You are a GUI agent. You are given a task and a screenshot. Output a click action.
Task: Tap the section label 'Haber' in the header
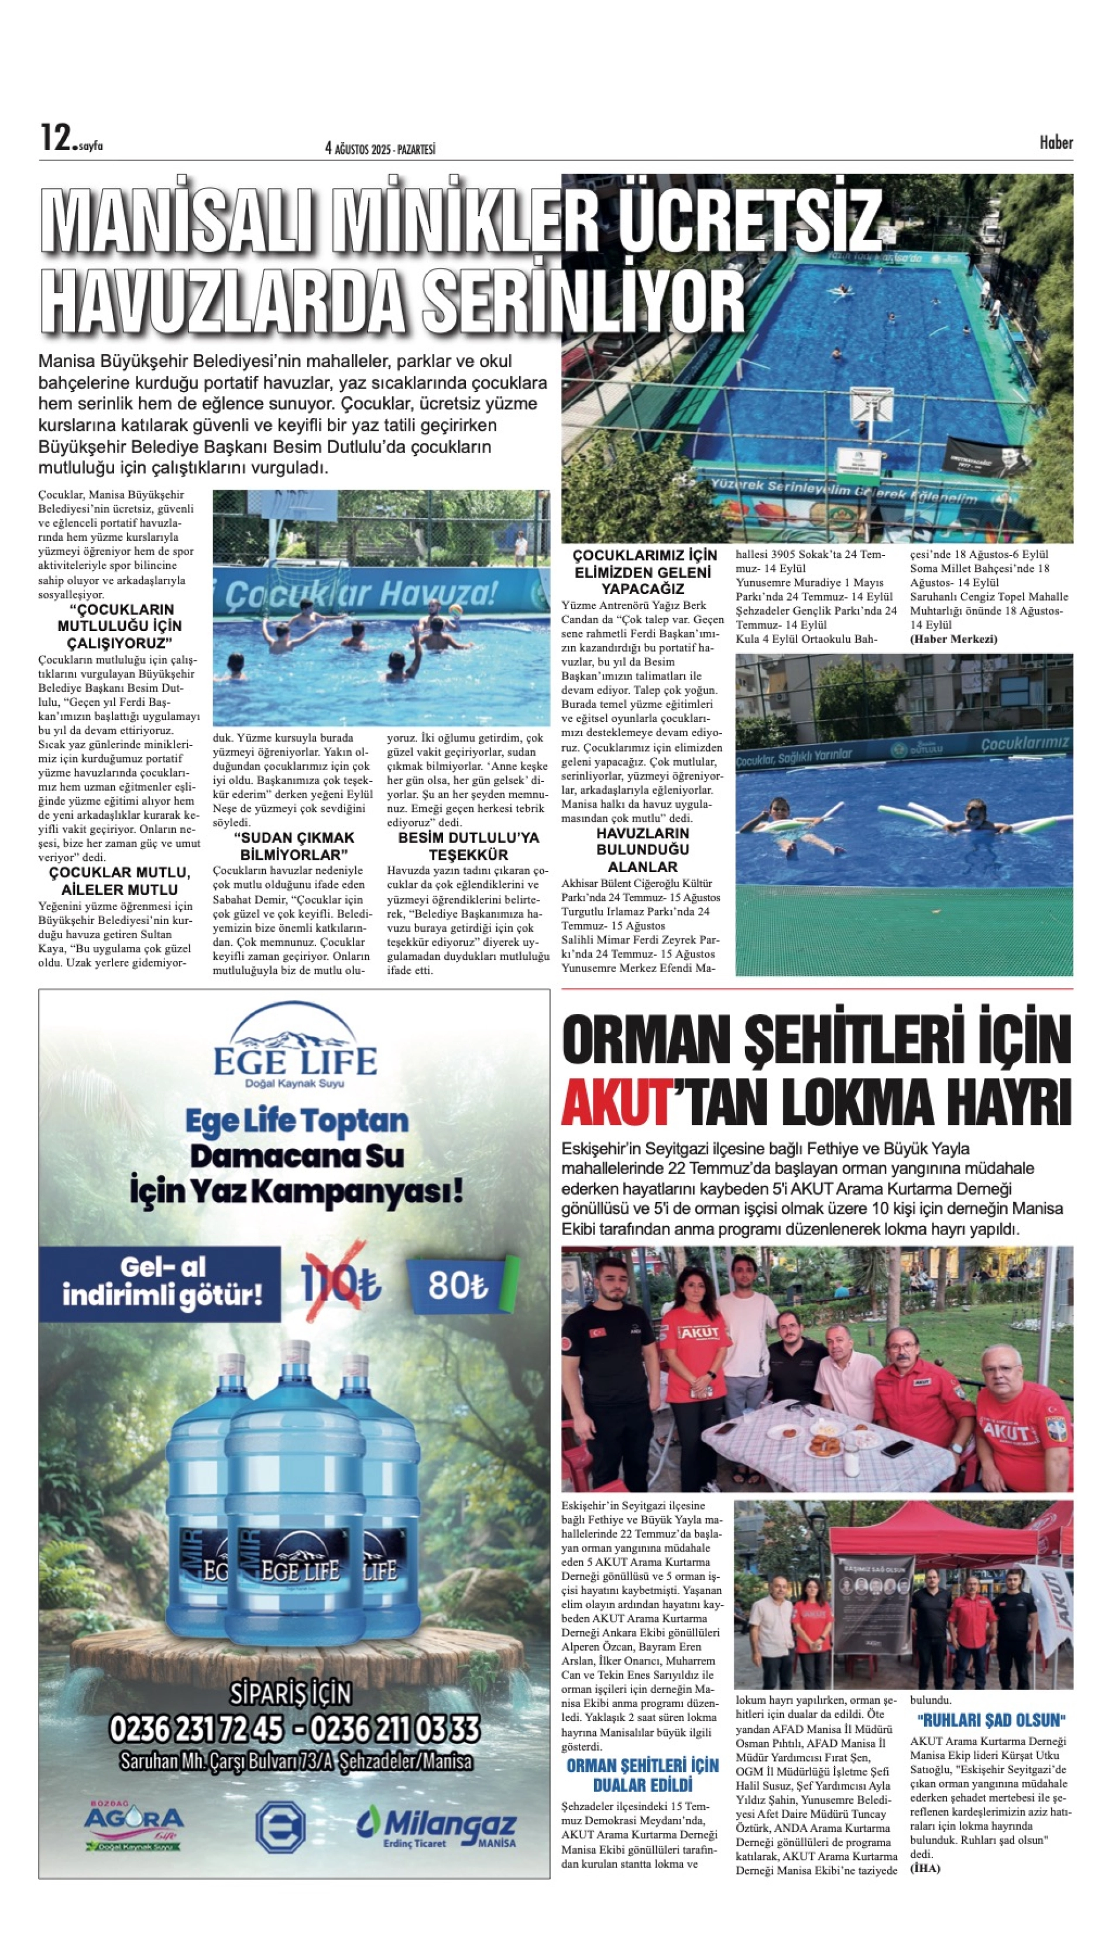coord(1055,142)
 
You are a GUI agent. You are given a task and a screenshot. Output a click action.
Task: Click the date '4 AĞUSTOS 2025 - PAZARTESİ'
coord(380,149)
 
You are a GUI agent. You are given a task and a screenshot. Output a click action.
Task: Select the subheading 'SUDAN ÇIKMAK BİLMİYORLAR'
coord(293,846)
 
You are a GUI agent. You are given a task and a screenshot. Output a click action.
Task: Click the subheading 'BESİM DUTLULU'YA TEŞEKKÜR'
coord(468,846)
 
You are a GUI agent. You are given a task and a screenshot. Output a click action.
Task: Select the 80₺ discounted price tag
coord(458,1285)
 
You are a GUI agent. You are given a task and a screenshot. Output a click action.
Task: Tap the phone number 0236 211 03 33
coord(395,1728)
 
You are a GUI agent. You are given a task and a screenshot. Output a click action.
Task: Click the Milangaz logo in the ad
coord(436,1828)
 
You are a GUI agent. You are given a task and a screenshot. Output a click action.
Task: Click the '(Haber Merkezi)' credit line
coord(953,639)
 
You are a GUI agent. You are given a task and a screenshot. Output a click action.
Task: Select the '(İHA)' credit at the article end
coord(925,1869)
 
